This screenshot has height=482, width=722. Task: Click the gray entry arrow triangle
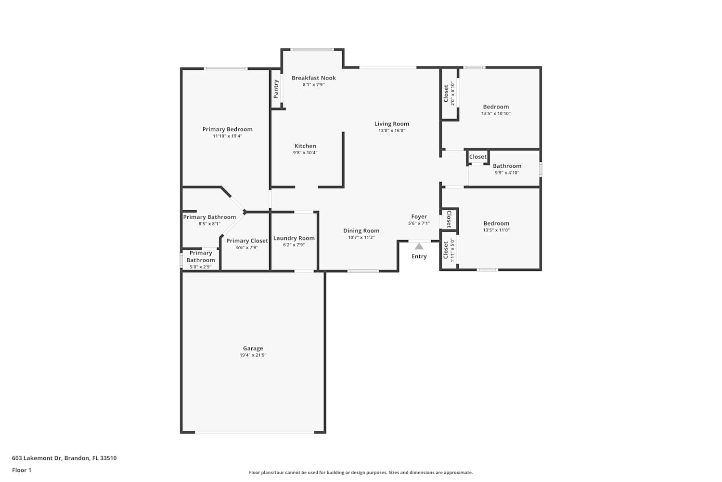coord(419,247)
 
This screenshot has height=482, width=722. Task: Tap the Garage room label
coord(253,348)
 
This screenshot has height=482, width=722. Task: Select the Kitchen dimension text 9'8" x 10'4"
coord(305,153)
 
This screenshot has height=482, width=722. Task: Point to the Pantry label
coord(276,89)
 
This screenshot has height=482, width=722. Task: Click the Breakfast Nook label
coord(314,78)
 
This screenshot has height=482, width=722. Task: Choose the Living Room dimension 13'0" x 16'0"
coord(392,131)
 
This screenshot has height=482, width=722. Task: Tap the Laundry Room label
coord(294,238)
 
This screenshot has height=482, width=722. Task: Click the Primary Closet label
coord(247,241)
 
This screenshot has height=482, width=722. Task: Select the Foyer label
coord(419,216)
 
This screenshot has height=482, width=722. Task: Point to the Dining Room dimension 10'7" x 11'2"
coord(361,237)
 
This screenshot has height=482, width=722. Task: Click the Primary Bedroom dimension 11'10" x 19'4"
coord(227,136)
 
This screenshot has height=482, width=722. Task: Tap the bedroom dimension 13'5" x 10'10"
coord(496,113)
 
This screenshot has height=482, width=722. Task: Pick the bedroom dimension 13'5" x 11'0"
coord(496,230)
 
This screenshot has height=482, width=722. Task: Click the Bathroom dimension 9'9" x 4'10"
coord(507,173)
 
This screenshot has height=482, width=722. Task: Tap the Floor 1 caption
coord(22,470)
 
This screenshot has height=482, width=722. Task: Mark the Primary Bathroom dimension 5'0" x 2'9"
coord(201,267)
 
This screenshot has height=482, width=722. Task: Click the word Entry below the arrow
coord(419,256)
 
